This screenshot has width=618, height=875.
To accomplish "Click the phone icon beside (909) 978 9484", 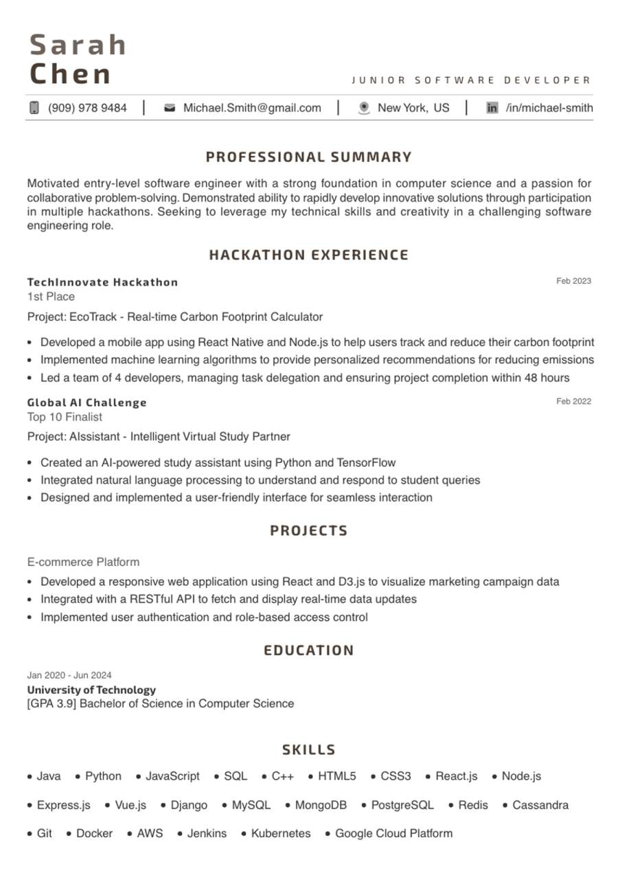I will (34, 108).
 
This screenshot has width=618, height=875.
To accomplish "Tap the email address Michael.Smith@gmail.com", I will (252, 108).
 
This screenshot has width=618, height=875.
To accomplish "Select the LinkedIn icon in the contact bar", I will (492, 108).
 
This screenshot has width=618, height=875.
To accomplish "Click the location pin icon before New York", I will (364, 108).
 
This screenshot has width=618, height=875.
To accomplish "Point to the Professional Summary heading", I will (309, 157).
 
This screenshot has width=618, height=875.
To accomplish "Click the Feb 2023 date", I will (573, 281).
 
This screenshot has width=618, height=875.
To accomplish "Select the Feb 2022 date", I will (573, 401).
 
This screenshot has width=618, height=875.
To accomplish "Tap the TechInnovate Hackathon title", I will (102, 282).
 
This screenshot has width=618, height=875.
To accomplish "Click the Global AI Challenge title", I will (87, 402).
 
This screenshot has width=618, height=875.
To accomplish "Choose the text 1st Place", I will (51, 297).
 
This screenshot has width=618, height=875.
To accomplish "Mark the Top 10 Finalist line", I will (65, 417).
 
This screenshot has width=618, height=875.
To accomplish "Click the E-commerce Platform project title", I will (83, 562).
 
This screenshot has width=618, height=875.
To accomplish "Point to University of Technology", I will (91, 690).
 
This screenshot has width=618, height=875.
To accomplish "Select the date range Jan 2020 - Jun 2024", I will (69, 675).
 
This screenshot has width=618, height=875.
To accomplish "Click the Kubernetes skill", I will (280, 833).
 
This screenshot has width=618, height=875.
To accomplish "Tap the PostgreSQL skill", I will (402, 805).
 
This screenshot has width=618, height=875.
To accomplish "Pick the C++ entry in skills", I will (282, 776).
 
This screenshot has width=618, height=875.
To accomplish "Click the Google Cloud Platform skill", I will (393, 833).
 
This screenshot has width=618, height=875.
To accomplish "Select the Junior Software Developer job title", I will (471, 80).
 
